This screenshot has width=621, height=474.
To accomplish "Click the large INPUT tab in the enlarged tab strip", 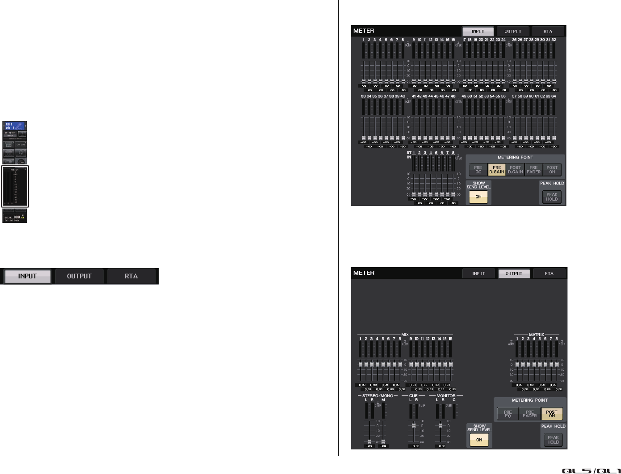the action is pyautogui.click(x=27, y=276).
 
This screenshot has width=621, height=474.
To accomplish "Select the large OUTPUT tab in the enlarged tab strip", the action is pyautogui.click(x=79, y=276).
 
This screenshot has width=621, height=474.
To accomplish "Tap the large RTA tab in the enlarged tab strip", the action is pyautogui.click(x=131, y=276).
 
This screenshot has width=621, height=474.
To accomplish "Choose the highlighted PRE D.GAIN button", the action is pyautogui.click(x=496, y=170).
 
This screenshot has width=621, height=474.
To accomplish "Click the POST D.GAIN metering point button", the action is pyautogui.click(x=515, y=170).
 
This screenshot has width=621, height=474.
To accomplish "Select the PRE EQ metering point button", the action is pyautogui.click(x=508, y=414).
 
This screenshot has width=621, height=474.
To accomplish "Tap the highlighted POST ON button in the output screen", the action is pyautogui.click(x=552, y=414).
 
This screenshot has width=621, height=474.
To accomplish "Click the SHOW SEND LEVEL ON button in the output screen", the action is pyautogui.click(x=479, y=440).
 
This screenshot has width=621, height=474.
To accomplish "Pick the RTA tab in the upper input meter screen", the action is pyautogui.click(x=548, y=31).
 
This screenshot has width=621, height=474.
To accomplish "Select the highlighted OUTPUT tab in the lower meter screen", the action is pyautogui.click(x=514, y=273).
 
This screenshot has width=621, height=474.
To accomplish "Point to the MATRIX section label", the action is pyautogui.click(x=537, y=334).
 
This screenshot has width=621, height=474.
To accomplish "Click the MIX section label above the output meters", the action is pyautogui.click(x=405, y=334).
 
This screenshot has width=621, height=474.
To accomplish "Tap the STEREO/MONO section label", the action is pyautogui.click(x=378, y=396).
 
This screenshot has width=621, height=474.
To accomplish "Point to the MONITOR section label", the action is pyautogui.click(x=446, y=396).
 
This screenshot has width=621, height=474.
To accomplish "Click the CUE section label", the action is pyautogui.click(x=413, y=396).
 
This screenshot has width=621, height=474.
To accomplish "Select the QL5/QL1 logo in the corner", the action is pyautogui.click(x=591, y=470).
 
